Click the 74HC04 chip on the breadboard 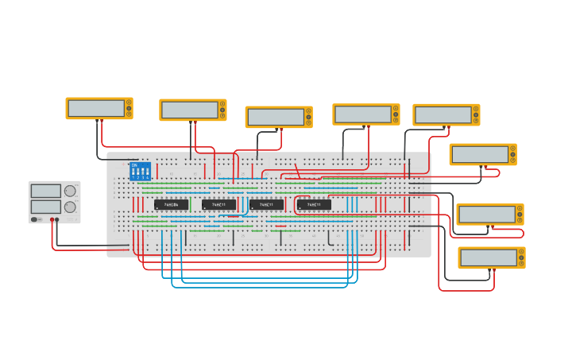[171, 204]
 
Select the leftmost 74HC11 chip [218, 204]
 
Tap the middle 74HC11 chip [266, 204]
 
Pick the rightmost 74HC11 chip [314, 204]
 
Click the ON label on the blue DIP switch [134, 165]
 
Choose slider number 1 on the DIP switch [133, 172]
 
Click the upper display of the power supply [46, 191]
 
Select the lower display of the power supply [46, 207]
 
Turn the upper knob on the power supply [70, 191]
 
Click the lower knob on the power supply [70, 207]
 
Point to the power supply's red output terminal [52, 219]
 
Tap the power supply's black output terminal [57, 219]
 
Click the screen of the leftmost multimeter [95, 108]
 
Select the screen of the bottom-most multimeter [488, 257]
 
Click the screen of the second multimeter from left [189, 110]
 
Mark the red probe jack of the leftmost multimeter [101, 120]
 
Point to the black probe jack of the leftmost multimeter [97, 120]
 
